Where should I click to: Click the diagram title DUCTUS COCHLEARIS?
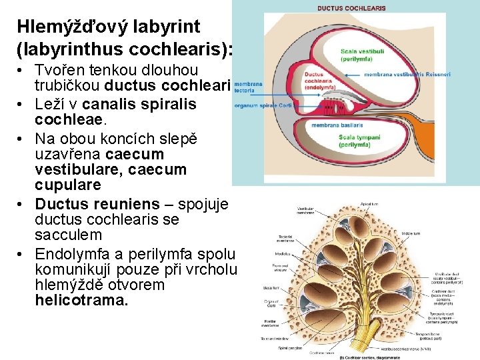(351, 8)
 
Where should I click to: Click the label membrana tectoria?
(247, 87)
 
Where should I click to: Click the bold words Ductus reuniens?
(97, 203)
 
